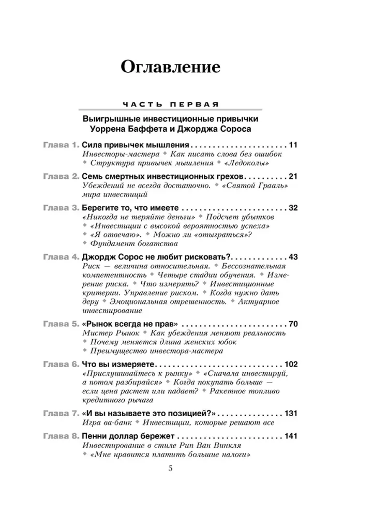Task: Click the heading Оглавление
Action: point(170,67)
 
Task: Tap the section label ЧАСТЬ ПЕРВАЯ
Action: point(170,104)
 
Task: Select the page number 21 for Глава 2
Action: point(293,176)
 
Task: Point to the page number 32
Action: point(293,208)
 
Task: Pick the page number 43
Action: point(293,257)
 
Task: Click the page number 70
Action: point(293,324)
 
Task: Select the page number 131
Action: point(291,414)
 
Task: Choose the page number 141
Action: point(291,436)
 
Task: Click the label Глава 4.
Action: point(61,257)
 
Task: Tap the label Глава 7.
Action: point(61,414)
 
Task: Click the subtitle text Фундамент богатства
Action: point(133,243)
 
